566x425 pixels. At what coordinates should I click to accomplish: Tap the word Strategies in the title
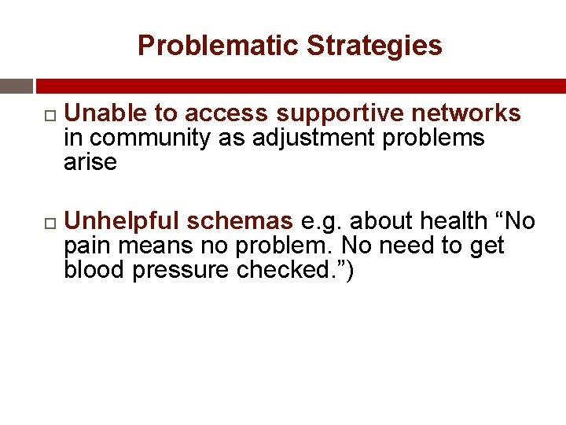(x=374, y=46)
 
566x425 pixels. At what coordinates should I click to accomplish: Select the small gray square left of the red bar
(x=16, y=86)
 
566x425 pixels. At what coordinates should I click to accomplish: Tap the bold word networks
(x=465, y=114)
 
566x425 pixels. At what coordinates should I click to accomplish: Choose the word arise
(x=90, y=163)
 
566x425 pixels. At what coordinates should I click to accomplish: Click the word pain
(x=87, y=247)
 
